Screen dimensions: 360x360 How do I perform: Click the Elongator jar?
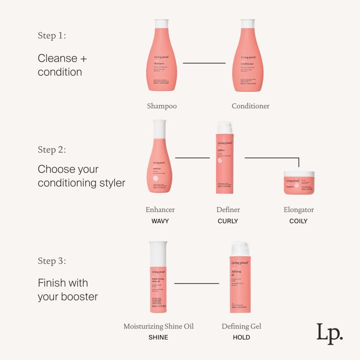tap(299, 183)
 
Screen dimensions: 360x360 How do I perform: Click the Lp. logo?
tap(329, 334)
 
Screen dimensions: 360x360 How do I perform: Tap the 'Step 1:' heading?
tap(52, 36)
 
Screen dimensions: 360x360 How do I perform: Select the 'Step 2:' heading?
tap(52, 150)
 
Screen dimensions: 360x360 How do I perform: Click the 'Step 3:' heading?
tap(52, 261)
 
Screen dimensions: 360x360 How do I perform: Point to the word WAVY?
tap(160, 221)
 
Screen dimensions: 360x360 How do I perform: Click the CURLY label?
tap(228, 221)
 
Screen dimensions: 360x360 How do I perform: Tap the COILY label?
tap(298, 221)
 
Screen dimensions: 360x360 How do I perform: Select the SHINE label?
tap(158, 337)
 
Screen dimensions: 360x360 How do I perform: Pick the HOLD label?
tap(241, 337)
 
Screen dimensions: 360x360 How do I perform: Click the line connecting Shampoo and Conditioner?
tap(204, 63)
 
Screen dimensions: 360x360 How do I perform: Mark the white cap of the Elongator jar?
tap(299, 174)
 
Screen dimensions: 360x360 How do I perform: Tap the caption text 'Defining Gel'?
tap(241, 326)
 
